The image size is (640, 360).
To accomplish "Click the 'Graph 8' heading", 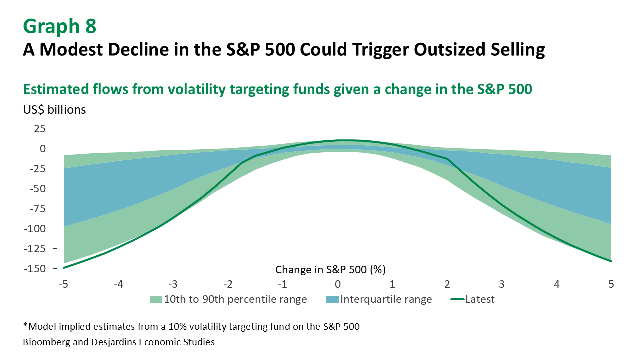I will (x=59, y=26).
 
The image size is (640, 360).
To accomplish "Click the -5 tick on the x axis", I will (x=63, y=284).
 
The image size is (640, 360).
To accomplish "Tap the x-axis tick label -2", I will (x=228, y=284).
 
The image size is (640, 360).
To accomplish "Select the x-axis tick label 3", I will (x=502, y=284).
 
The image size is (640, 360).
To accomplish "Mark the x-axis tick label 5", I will (x=611, y=284).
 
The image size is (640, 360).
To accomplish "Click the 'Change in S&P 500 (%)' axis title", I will (x=330, y=270).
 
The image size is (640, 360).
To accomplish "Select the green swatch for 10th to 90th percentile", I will (x=155, y=300).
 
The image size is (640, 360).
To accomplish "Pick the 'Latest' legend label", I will (x=480, y=300).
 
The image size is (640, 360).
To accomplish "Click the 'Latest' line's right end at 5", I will (x=611, y=261).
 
